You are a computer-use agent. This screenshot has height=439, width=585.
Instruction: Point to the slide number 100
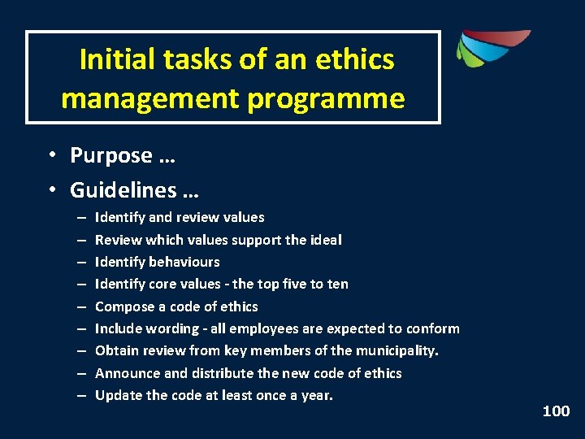coord(556,411)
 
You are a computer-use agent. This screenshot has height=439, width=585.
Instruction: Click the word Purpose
coord(111,155)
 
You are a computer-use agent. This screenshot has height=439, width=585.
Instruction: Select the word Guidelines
coord(123,190)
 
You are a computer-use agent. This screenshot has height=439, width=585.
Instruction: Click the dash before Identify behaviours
coord(82,262)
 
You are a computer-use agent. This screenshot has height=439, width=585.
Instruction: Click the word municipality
coord(393,350)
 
